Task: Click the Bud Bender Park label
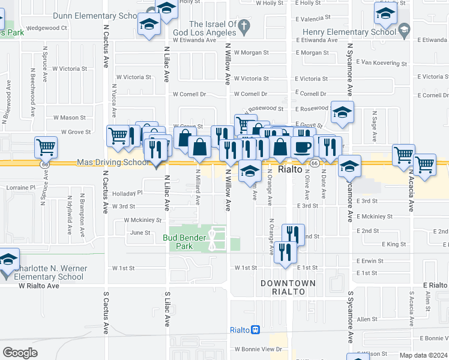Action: (x=185, y=242)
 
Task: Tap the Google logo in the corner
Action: (x=20, y=353)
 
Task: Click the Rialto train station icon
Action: (x=255, y=330)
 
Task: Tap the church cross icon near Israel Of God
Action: (x=243, y=26)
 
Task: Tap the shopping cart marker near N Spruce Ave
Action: (x=46, y=146)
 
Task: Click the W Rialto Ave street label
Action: (x=38, y=286)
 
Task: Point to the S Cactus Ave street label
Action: (x=106, y=308)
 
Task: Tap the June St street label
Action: (x=139, y=233)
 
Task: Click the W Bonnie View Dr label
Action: (x=258, y=349)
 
